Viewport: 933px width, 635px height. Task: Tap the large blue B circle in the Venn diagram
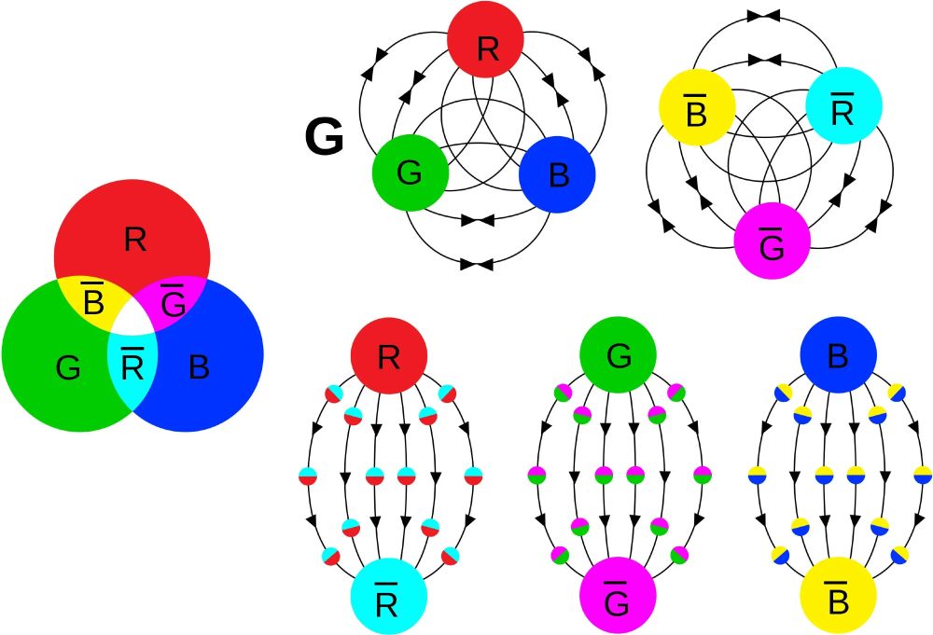pos(210,368)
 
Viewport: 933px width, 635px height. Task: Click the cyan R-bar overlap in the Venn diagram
pos(132,366)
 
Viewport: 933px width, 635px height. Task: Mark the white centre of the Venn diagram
pos(132,324)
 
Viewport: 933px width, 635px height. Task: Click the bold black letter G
pos(325,139)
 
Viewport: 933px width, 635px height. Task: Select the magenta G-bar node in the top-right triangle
pos(772,241)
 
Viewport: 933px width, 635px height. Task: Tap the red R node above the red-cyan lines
pos(389,355)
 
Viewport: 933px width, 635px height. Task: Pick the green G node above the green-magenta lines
pos(618,355)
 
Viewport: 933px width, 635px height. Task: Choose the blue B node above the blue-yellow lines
pos(838,355)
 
